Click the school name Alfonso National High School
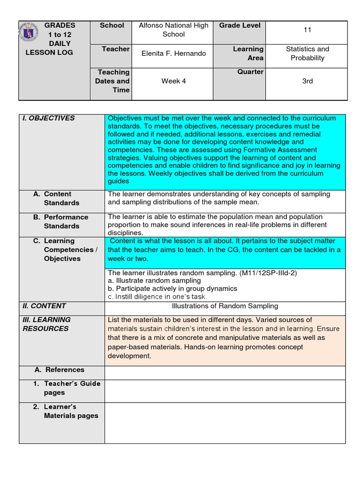pos(173,30)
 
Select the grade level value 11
pos(307,30)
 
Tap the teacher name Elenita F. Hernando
pos(173,53)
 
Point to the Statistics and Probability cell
pos(307,53)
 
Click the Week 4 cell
pos(173,81)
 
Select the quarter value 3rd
pos(307,81)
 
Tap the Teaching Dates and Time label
pos(112,81)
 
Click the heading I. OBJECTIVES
pos(49,118)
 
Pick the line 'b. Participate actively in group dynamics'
pos(172,288)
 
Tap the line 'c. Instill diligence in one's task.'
pos(157,297)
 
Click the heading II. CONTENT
pos(45,306)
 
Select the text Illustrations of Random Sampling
pos(225,306)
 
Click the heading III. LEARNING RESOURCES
pos(46,324)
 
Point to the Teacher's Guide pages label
pos(67,388)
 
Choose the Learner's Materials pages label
pos(66,411)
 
